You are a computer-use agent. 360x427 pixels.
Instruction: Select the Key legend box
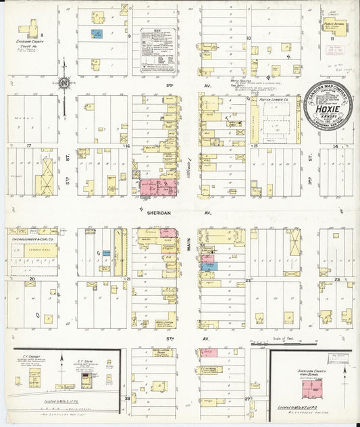pos(159,49)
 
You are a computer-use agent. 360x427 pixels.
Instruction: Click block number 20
pos(31,278)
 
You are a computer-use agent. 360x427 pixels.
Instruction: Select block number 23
pos(336,278)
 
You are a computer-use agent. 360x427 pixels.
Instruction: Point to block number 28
pos(127,399)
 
